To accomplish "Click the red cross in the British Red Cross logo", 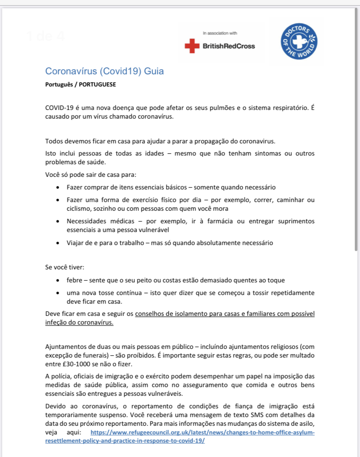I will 190,46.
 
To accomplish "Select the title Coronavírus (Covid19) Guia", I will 104,71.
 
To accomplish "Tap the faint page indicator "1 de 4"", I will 45,36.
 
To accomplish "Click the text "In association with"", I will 220,33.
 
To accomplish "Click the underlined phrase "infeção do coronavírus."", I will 79,323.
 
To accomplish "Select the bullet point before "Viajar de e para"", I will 58,243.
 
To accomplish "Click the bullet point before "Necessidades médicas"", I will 58,222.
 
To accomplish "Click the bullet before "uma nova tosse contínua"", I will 58,293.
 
